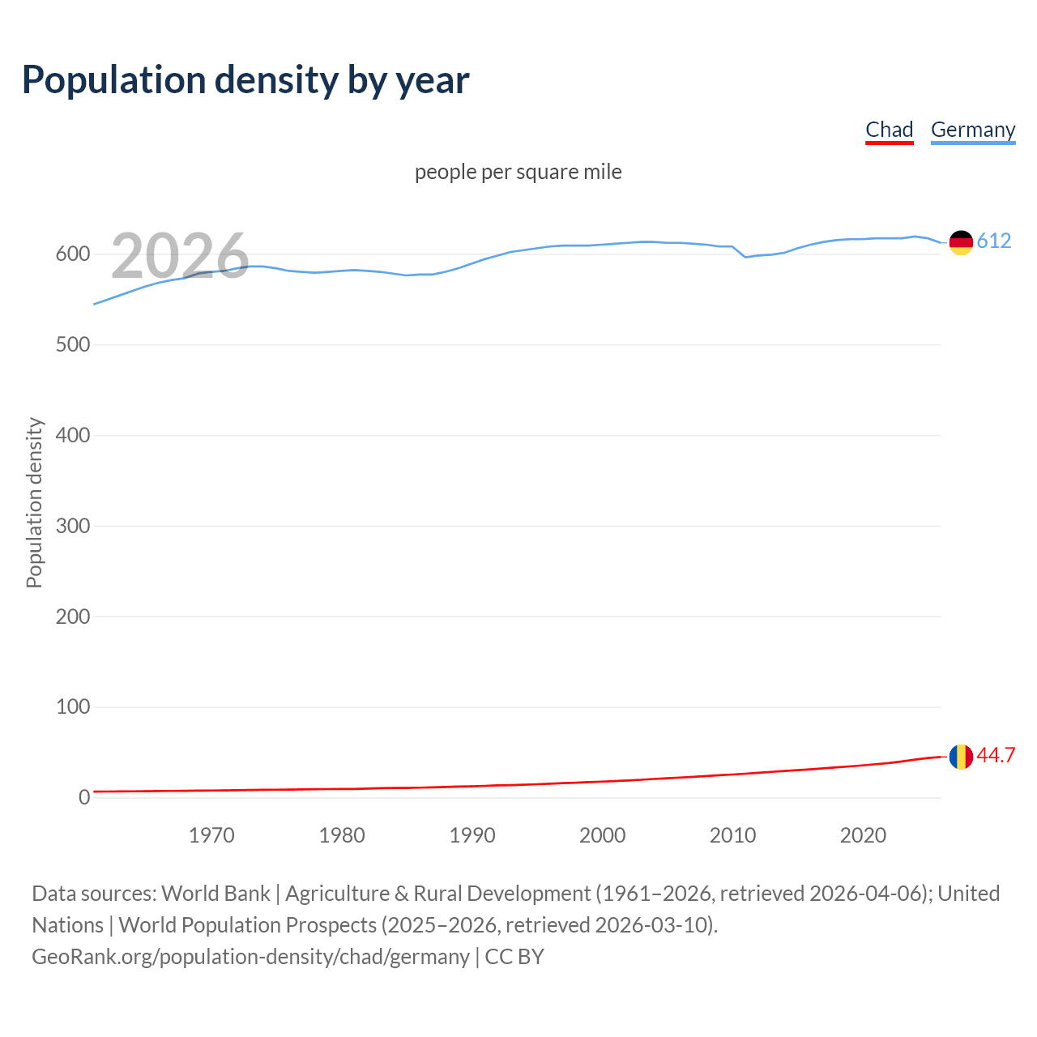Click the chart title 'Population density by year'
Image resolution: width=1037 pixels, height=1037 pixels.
pyautogui.click(x=245, y=79)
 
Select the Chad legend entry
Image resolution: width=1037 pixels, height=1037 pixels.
pyautogui.click(x=889, y=130)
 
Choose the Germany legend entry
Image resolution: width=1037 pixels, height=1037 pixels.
pyautogui.click(x=972, y=130)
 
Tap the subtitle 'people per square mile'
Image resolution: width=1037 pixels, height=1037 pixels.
pyautogui.click(x=518, y=172)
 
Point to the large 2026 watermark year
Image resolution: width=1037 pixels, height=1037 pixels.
pyautogui.click(x=180, y=256)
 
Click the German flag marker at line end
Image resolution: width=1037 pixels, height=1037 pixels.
pyautogui.click(x=961, y=242)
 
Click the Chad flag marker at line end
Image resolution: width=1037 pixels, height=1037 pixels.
pyautogui.click(x=961, y=757)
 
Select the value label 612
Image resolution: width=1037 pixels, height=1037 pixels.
pyautogui.click(x=994, y=241)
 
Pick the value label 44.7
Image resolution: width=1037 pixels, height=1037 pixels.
pyautogui.click(x=996, y=755)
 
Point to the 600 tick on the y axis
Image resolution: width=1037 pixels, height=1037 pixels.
pyautogui.click(x=73, y=254)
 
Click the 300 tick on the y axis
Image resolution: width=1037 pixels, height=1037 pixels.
pyautogui.click(x=73, y=526)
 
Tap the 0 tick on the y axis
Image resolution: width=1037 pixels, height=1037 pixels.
pyautogui.click(x=84, y=797)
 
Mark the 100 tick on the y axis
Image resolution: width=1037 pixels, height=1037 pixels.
pyautogui.click(x=73, y=706)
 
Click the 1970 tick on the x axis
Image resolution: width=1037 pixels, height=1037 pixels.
pyautogui.click(x=211, y=835)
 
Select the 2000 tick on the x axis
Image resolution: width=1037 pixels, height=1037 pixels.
pyautogui.click(x=602, y=835)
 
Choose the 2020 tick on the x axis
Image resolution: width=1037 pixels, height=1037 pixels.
pyautogui.click(x=863, y=835)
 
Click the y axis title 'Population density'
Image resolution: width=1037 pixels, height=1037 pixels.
pyautogui.click(x=34, y=502)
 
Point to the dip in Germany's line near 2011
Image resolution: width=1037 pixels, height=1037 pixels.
pyautogui.click(x=745, y=257)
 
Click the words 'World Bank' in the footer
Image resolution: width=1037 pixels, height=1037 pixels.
pyautogui.click(x=216, y=894)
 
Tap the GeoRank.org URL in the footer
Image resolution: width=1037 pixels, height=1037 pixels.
pyautogui.click(x=250, y=957)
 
